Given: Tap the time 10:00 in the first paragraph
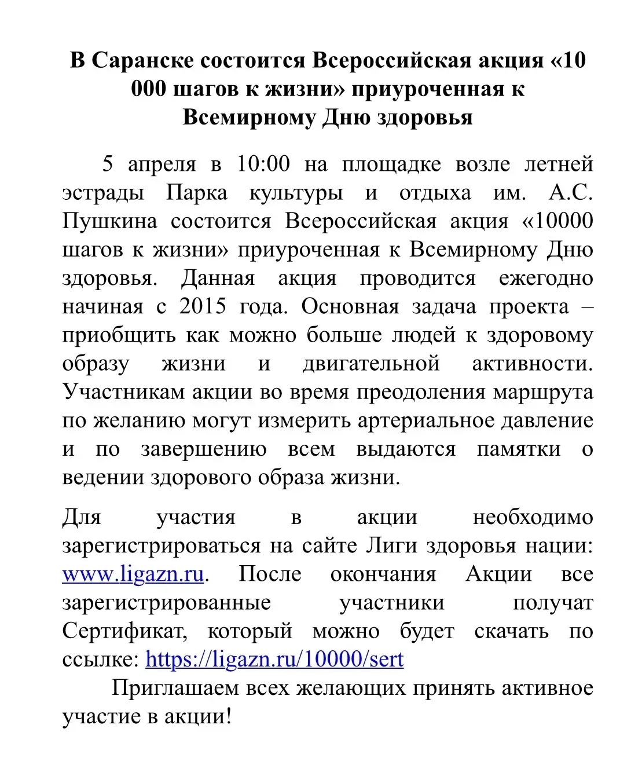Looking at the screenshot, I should [x=263, y=164].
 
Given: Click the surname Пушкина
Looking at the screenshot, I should [x=109, y=222].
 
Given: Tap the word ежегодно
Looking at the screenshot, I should [x=546, y=279].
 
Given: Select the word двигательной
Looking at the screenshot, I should [x=371, y=364].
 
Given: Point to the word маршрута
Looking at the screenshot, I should [x=543, y=393].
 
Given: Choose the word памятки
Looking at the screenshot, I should [x=519, y=449].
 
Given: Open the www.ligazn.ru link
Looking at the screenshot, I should [x=133, y=574].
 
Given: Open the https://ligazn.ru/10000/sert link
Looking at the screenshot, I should [x=274, y=660].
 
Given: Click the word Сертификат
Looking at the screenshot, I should [x=124, y=631].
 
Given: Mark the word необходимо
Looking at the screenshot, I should [x=533, y=518].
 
